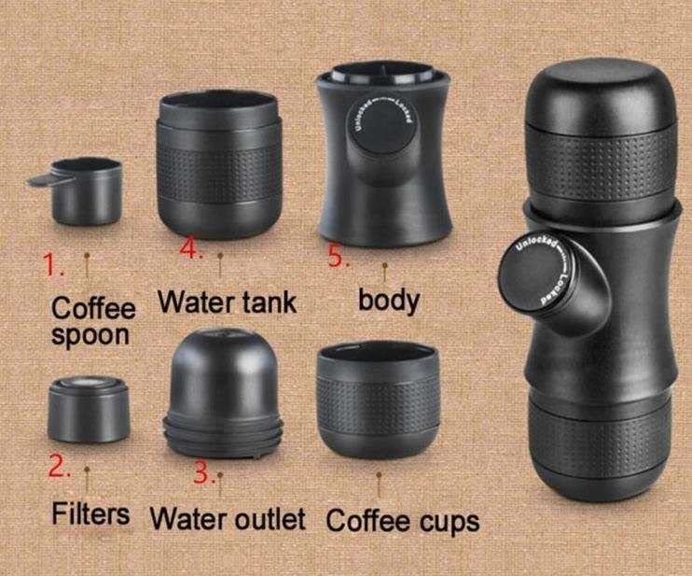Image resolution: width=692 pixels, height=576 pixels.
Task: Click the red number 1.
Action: tap(53, 266)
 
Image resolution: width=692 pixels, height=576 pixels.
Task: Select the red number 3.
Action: tap(203, 472)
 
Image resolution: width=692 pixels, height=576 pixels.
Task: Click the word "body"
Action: tap(389, 301)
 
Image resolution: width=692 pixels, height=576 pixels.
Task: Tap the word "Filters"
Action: tap(90, 513)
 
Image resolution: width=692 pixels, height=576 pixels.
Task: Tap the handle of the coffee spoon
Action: tap(42, 177)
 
